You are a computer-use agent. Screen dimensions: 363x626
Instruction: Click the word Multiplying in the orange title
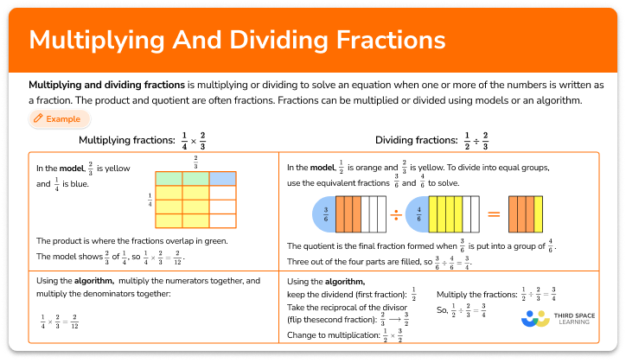(95, 41)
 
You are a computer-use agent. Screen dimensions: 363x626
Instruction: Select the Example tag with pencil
(58, 118)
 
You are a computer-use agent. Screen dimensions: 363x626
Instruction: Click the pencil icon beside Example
(38, 118)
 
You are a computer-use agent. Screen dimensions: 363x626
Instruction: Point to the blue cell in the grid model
(222, 178)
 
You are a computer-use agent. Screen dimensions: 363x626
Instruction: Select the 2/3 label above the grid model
(195, 162)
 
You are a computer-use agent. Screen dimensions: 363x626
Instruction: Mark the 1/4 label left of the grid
(149, 201)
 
